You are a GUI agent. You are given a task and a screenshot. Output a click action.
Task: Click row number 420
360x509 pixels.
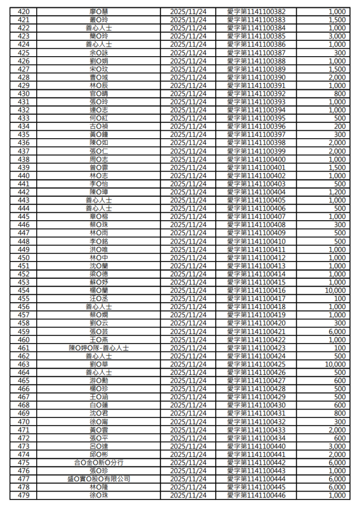click(x=23, y=11)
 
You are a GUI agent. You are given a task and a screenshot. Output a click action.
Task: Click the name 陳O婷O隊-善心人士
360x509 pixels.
click(x=98, y=348)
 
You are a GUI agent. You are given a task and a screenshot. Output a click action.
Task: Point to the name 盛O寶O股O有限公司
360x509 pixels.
click(x=98, y=479)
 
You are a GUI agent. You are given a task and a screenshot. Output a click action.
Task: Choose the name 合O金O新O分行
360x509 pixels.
click(x=98, y=463)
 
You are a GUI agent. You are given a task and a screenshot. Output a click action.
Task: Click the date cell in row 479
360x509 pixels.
click(x=188, y=496)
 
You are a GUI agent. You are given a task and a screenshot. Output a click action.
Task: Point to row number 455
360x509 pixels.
click(x=23, y=299)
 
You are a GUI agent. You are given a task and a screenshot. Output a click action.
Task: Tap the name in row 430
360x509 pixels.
click(x=98, y=93)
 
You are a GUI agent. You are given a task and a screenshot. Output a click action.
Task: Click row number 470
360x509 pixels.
click(x=23, y=422)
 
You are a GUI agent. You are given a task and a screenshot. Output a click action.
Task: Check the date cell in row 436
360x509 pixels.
click(x=188, y=143)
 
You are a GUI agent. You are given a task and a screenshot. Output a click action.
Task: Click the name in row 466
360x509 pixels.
click(x=98, y=389)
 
